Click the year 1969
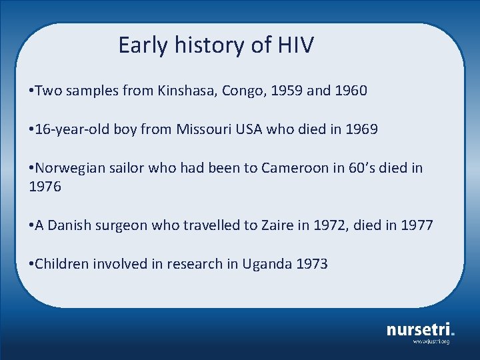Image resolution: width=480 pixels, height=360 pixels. (x=362, y=129)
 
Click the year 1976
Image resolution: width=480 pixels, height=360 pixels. (x=45, y=187)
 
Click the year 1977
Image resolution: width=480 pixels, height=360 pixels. (x=417, y=225)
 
